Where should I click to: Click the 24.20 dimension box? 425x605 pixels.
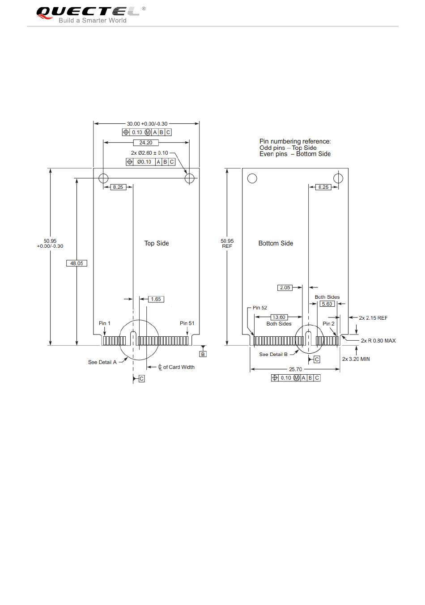click(146, 143)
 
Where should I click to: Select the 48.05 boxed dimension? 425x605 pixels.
click(77, 263)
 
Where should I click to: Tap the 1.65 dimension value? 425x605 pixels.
click(156, 299)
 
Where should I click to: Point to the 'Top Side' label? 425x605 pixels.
click(157, 243)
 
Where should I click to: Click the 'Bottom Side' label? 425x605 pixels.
click(276, 243)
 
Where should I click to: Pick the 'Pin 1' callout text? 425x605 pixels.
click(104, 323)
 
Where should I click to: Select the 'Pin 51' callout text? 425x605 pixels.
click(187, 323)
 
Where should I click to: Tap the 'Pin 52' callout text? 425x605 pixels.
click(259, 308)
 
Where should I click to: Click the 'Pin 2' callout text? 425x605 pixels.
click(328, 324)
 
